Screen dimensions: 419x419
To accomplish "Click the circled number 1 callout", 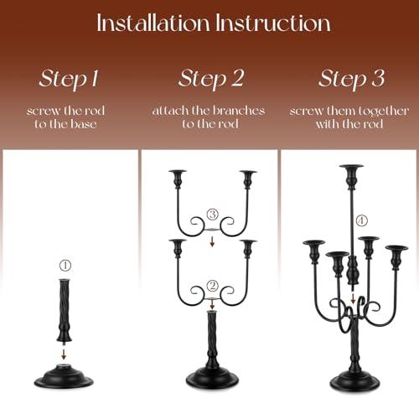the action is (65, 265).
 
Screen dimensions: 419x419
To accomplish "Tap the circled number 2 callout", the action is (213, 286).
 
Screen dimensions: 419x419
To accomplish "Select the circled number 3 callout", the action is (213, 215).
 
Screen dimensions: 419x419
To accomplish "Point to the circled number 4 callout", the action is (361, 220).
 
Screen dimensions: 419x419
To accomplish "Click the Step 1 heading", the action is (69, 79).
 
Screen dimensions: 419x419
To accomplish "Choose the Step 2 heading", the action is (211, 79).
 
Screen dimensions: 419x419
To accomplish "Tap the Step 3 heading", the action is (351, 79).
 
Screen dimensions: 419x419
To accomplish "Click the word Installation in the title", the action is (153, 23).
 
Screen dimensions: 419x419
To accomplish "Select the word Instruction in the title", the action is (273, 23).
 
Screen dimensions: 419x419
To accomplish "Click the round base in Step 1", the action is (64, 376).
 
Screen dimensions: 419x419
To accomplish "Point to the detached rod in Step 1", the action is (65, 311).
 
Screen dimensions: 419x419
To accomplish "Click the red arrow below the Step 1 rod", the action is (64, 354).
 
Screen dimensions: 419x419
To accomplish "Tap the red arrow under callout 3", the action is (212, 241).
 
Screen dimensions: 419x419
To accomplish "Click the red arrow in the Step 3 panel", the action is (353, 298).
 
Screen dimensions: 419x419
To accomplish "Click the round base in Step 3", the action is (354, 380).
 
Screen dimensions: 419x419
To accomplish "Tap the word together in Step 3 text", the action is (383, 111).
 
